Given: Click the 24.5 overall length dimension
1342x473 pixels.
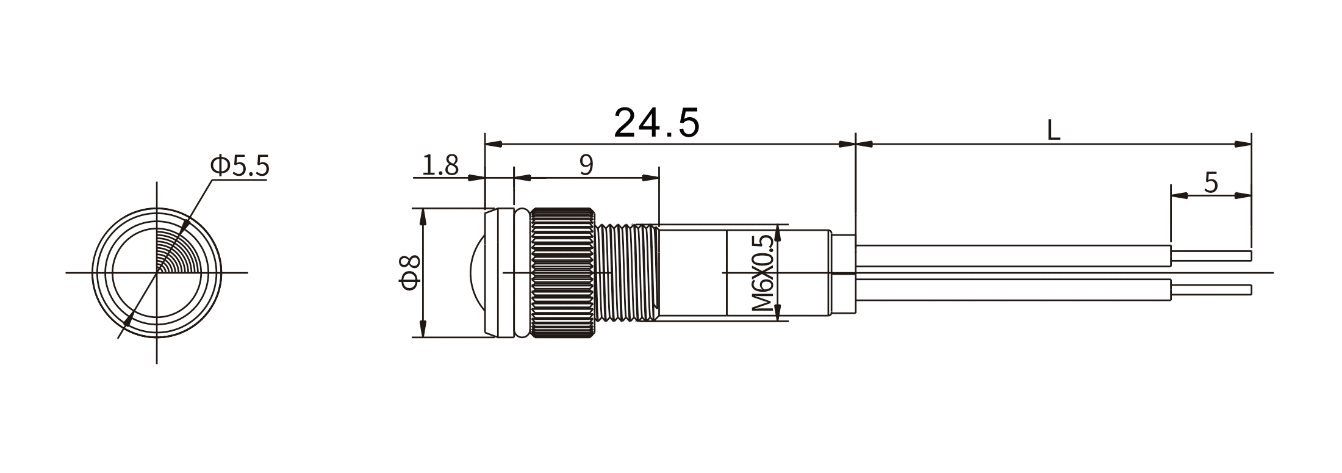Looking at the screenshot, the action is pos(656,122).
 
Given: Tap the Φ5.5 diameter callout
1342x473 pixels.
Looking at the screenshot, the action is pos(239,165).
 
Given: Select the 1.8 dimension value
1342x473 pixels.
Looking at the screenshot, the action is pos(440,165).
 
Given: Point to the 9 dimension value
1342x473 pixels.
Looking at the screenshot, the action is pos(586,165).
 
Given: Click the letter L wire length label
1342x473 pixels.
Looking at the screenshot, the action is pos(1053,130).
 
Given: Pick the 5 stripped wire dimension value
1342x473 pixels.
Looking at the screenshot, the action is pos(1211,182).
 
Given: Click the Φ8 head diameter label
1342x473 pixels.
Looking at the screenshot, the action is pos(411,272).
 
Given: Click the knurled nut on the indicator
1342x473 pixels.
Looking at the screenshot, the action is pos(563,273).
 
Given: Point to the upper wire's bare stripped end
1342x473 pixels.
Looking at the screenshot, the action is pos(1211,255).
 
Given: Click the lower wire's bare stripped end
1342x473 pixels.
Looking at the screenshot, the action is pos(1211,289).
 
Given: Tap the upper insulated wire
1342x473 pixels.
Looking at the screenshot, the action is pos(1013,256).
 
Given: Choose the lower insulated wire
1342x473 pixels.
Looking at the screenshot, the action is pos(1013,290).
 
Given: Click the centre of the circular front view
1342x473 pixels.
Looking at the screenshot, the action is pos(157,272).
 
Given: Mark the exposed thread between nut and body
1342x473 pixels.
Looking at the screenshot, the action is pos(626,273).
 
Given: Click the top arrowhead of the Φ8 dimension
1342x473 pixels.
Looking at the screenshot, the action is pos(423,214).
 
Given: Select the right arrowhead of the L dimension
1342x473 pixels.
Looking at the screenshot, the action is pos(1243,144).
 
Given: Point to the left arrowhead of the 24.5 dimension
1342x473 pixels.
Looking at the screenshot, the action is pos(493,144).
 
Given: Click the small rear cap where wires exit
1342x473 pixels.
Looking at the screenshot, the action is pos(844,273).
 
